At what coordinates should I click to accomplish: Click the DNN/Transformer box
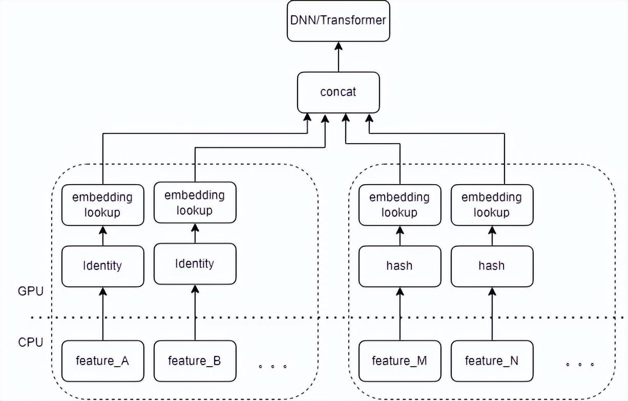(338, 21)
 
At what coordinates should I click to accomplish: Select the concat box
(338, 92)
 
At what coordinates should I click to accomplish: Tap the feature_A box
(102, 361)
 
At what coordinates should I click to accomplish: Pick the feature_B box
(195, 361)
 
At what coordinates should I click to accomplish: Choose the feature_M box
(400, 361)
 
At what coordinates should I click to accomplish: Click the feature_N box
(492, 361)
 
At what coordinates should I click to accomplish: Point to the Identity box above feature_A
(102, 266)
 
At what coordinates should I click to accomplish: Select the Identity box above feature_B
(195, 263)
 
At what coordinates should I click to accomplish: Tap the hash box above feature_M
(400, 266)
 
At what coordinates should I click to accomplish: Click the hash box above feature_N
(492, 266)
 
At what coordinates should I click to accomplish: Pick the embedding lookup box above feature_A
(102, 205)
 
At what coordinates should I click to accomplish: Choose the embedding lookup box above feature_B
(195, 203)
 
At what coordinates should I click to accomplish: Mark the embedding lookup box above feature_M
(400, 205)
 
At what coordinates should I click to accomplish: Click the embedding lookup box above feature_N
(492, 205)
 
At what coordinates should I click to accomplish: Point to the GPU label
(31, 292)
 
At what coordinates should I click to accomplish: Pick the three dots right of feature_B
(273, 366)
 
